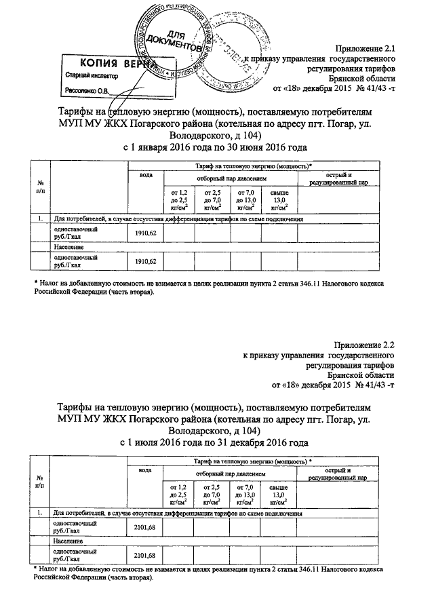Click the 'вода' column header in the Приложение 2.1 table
(x=145, y=176)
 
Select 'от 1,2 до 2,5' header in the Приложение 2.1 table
(x=178, y=202)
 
